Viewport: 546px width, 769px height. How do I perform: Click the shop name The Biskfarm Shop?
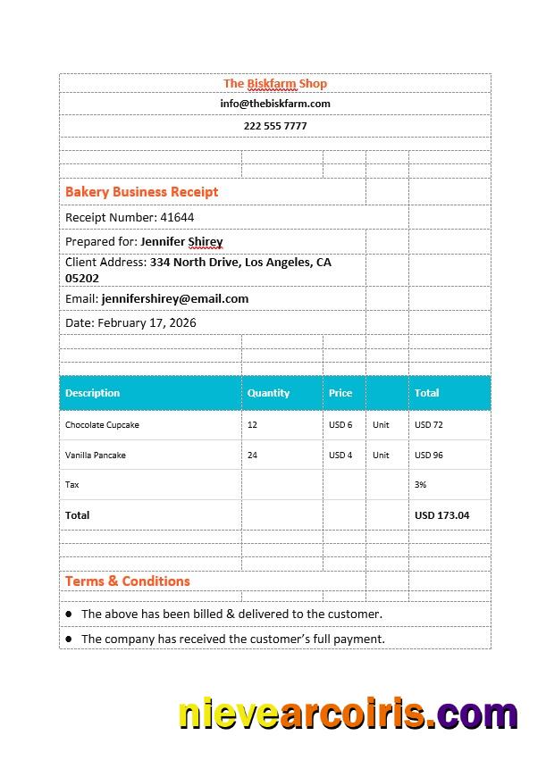[275, 83]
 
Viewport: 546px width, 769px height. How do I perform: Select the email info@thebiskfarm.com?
[275, 104]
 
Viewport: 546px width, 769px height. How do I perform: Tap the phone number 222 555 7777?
[275, 126]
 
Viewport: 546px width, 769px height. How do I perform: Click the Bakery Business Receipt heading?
[141, 191]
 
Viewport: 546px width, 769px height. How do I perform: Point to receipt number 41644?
[176, 217]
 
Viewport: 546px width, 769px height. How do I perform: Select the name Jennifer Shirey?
[181, 241]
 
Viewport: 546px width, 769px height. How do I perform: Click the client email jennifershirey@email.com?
[175, 298]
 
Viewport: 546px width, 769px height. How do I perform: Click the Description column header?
[92, 393]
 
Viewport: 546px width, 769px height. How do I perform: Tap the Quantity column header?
[268, 393]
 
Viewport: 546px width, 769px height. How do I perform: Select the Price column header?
[340, 393]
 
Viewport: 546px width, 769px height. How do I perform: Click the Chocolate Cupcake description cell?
[102, 425]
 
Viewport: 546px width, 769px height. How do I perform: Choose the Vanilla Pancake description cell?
[96, 456]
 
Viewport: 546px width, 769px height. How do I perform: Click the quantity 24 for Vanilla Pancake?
[253, 456]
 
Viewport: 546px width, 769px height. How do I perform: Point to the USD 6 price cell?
[340, 425]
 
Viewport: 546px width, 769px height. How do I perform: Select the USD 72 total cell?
[429, 425]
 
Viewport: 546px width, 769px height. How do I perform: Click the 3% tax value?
[421, 485]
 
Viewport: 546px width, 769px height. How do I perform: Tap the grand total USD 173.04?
[441, 515]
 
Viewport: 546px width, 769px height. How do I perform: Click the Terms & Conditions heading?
[127, 581]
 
